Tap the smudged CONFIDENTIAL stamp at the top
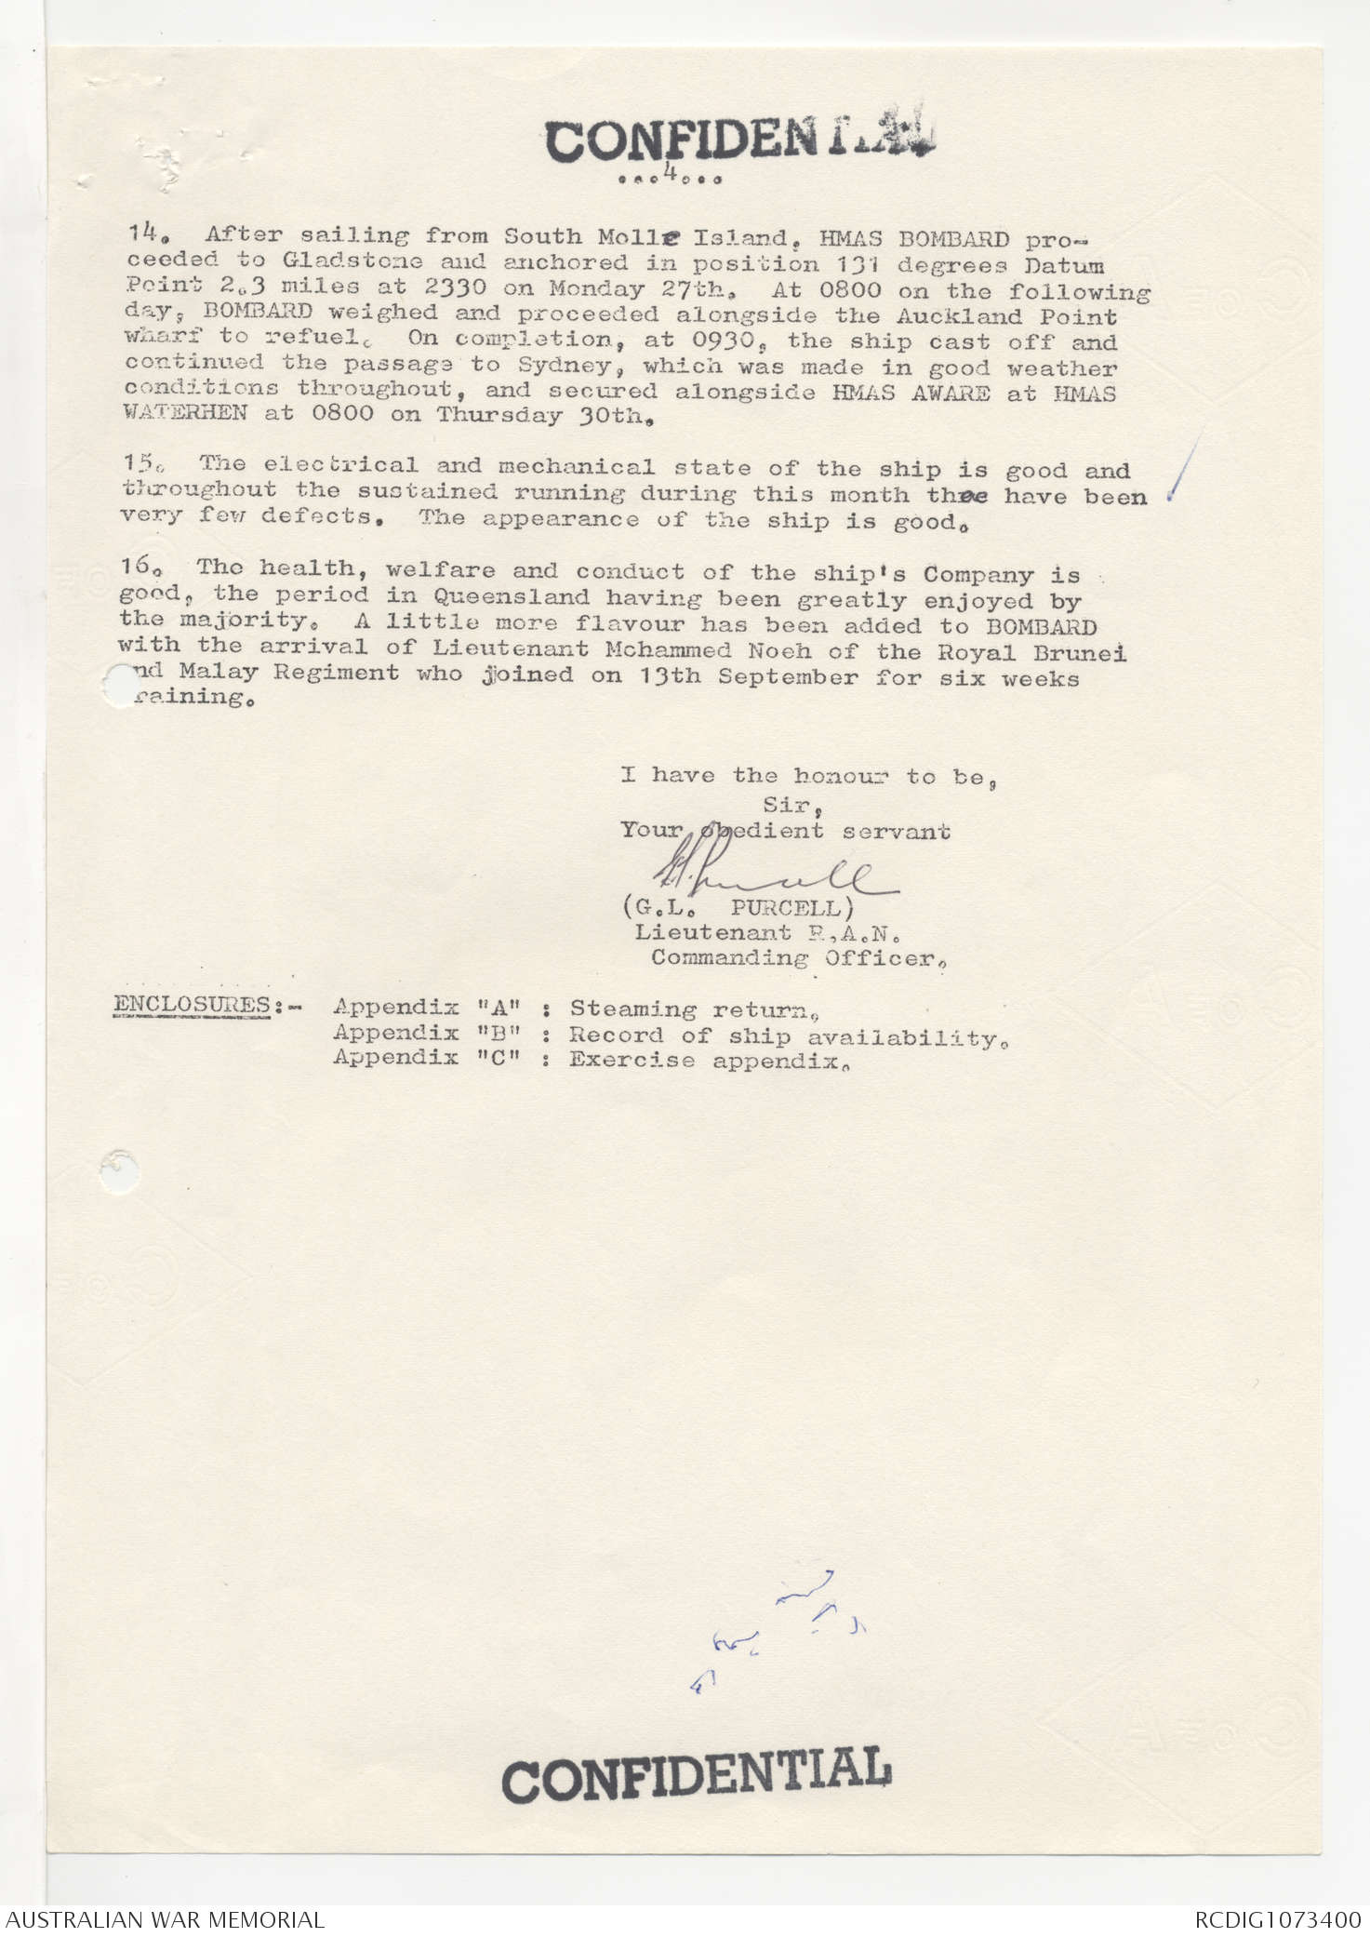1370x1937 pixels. click(739, 140)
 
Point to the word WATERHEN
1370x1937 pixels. click(185, 413)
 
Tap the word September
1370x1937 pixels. click(788, 677)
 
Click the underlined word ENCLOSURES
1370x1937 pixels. click(192, 1005)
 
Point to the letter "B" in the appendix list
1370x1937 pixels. click(498, 1033)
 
